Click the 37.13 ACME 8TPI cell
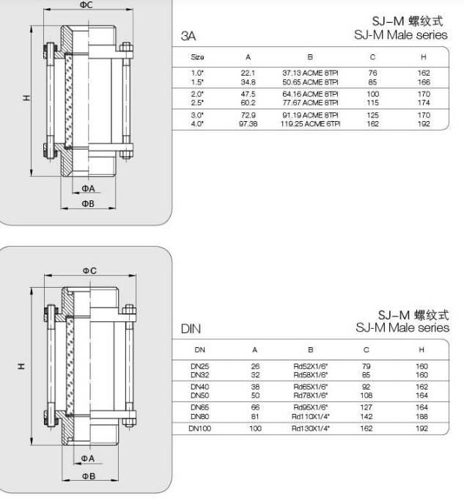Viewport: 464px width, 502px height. coord(310,73)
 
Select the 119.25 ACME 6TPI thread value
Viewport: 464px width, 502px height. coord(310,124)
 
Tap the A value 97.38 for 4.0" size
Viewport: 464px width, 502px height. coord(248,124)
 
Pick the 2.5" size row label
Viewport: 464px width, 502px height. coord(197,103)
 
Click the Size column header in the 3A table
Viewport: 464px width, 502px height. coord(197,57)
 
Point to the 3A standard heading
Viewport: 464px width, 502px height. coord(188,35)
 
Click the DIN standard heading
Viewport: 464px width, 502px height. coord(191,329)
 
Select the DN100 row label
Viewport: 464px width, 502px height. coord(200,429)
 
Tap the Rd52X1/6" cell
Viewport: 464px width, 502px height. coord(311,366)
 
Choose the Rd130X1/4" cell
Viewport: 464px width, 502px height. coord(311,429)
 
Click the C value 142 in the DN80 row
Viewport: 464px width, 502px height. coord(367,417)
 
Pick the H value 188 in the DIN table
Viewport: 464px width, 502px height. coord(421,417)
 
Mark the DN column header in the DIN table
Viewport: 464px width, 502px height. coord(200,350)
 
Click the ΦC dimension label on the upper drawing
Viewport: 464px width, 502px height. coord(86,5)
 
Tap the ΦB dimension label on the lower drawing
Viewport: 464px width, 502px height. coord(89,476)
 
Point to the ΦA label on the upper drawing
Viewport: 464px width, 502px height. coord(88,189)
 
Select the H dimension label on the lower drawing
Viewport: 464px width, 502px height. coord(21,366)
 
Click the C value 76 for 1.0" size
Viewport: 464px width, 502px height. coord(372,73)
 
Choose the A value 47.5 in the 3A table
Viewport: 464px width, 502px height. coord(248,94)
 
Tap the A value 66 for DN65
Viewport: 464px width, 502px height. coord(255,407)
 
